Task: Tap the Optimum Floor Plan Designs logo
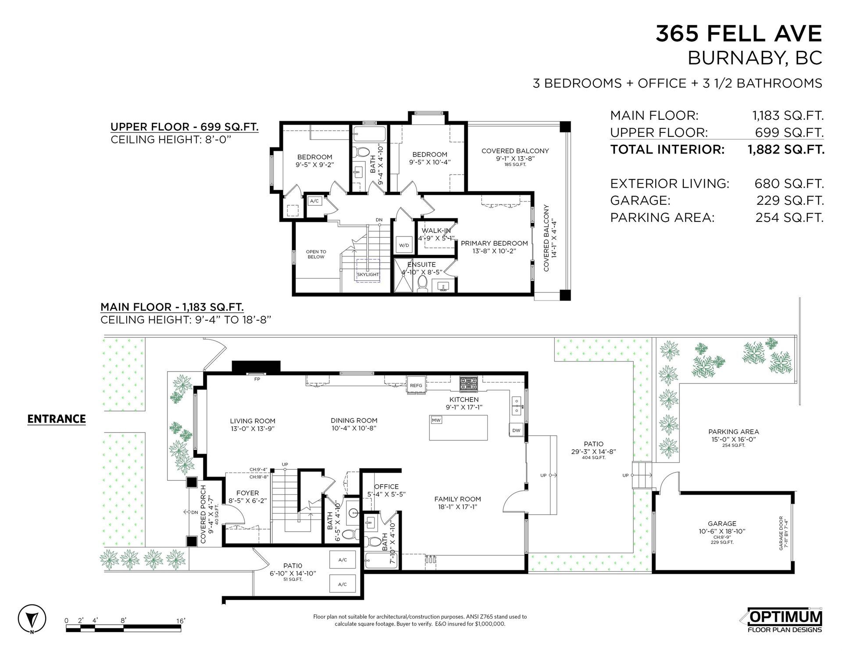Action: (x=784, y=621)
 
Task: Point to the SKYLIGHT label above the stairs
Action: (x=367, y=274)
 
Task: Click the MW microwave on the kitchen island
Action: (x=436, y=420)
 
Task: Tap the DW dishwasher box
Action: (x=516, y=430)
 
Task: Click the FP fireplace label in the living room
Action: (x=257, y=379)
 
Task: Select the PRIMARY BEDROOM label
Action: (x=494, y=243)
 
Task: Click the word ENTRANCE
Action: (x=57, y=419)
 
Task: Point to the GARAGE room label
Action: (x=722, y=523)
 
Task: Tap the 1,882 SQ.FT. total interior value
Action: (x=786, y=149)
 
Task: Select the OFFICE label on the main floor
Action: (x=386, y=486)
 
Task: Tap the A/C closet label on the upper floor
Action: (x=314, y=201)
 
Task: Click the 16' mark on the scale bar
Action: (x=181, y=621)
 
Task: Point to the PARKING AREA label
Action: (x=734, y=432)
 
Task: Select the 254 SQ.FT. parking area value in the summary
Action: (x=789, y=217)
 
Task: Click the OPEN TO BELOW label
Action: (x=316, y=254)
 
